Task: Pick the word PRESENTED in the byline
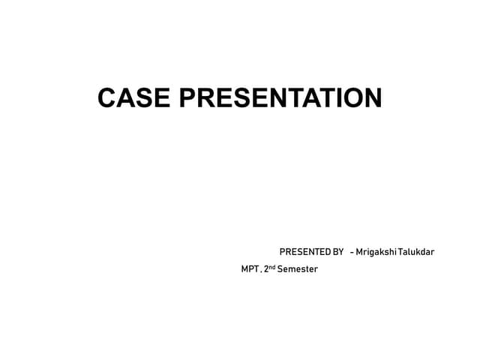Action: (304, 251)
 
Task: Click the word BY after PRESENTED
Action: (337, 251)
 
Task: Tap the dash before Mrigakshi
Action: (351, 251)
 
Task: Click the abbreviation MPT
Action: (249, 268)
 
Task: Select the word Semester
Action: (298, 268)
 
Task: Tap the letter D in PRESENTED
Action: (325, 251)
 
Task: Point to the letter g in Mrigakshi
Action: (372, 252)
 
